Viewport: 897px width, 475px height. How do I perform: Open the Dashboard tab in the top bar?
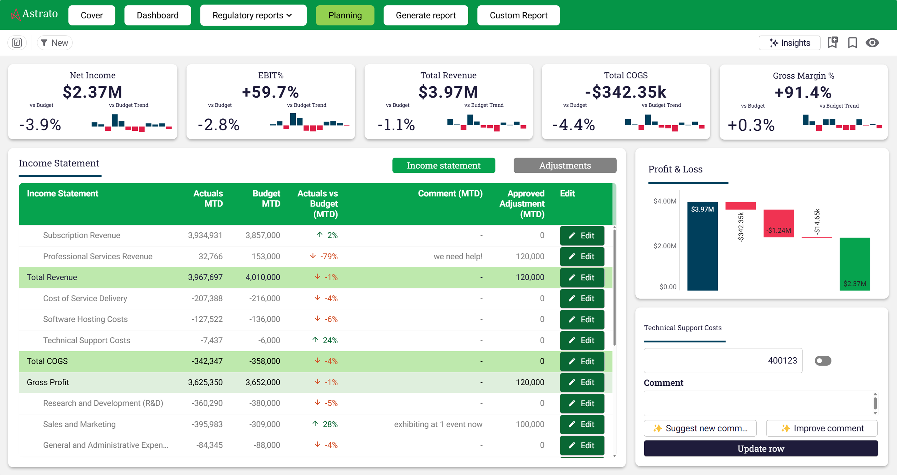pyautogui.click(x=157, y=15)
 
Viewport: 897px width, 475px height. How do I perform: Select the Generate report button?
pyautogui.click(x=426, y=15)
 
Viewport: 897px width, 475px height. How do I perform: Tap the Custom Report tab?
pyautogui.click(x=518, y=15)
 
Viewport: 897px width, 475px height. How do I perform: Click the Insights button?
pyautogui.click(x=789, y=43)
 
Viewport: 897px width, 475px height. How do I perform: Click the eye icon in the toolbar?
pyautogui.click(x=872, y=43)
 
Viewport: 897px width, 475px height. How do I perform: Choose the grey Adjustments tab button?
pyautogui.click(x=565, y=165)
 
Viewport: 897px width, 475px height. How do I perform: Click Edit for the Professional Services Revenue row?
pyautogui.click(x=582, y=256)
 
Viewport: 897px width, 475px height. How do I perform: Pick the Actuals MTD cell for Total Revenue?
pyautogui.click(x=205, y=277)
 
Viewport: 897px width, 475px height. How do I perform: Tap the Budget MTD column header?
pyautogui.click(x=266, y=199)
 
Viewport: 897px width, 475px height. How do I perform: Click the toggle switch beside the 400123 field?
pyautogui.click(x=823, y=361)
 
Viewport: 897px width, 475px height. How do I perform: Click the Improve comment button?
pyautogui.click(x=822, y=428)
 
